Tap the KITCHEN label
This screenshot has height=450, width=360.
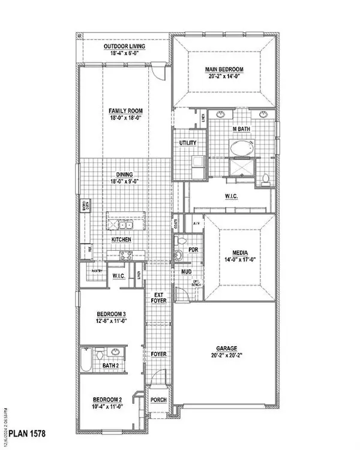(x=121, y=239)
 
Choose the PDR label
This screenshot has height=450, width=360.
(x=193, y=250)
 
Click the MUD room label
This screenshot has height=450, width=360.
(x=187, y=272)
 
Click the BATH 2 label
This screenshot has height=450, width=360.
(x=110, y=365)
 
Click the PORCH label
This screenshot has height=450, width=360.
(x=158, y=401)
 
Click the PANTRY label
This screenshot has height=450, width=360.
(x=97, y=271)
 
